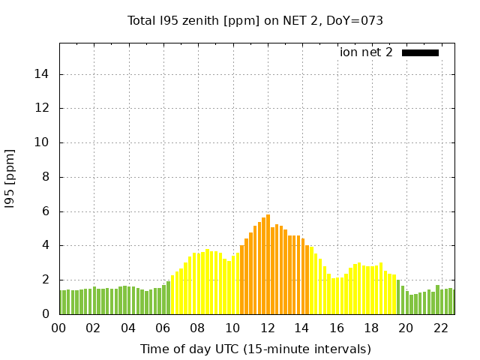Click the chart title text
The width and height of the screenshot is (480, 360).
coord(255,21)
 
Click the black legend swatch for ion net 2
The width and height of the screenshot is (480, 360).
coord(420,52)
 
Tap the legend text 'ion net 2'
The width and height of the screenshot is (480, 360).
coord(366,52)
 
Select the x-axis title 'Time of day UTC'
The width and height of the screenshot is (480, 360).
coord(255,349)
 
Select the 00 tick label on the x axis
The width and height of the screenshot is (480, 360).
coord(59,328)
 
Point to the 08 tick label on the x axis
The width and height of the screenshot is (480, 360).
coord(197,328)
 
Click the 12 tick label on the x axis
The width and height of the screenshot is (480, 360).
coord(267,328)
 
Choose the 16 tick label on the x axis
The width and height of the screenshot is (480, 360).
coord(336,328)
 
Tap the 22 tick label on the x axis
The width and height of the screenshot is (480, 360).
coord(440,328)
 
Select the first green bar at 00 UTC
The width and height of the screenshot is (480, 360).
coord(61,302)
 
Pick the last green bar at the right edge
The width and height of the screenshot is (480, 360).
coord(452,301)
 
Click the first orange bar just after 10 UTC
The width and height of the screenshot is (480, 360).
coord(241,280)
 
